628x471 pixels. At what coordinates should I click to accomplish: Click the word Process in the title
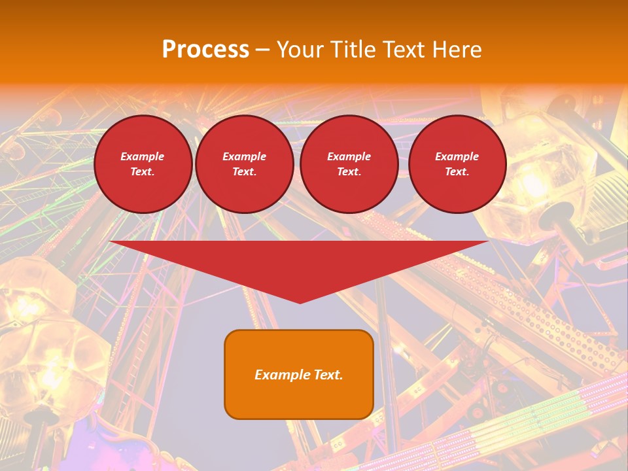[205, 50]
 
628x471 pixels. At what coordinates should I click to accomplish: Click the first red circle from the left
[143, 164]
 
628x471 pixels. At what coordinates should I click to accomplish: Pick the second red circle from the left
[245, 164]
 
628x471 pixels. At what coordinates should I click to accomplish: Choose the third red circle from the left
[349, 164]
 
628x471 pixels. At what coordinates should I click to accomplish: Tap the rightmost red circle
[457, 164]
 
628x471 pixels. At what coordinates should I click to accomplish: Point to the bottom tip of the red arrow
[300, 302]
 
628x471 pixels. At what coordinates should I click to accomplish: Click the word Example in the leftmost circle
[143, 156]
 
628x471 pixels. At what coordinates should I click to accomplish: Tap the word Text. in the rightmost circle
[457, 172]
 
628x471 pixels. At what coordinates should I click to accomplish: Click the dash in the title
[262, 50]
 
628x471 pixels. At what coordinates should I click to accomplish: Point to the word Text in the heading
[403, 50]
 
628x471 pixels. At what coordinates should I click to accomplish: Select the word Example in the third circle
[349, 156]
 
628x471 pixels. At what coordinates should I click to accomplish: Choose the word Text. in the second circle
[245, 172]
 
